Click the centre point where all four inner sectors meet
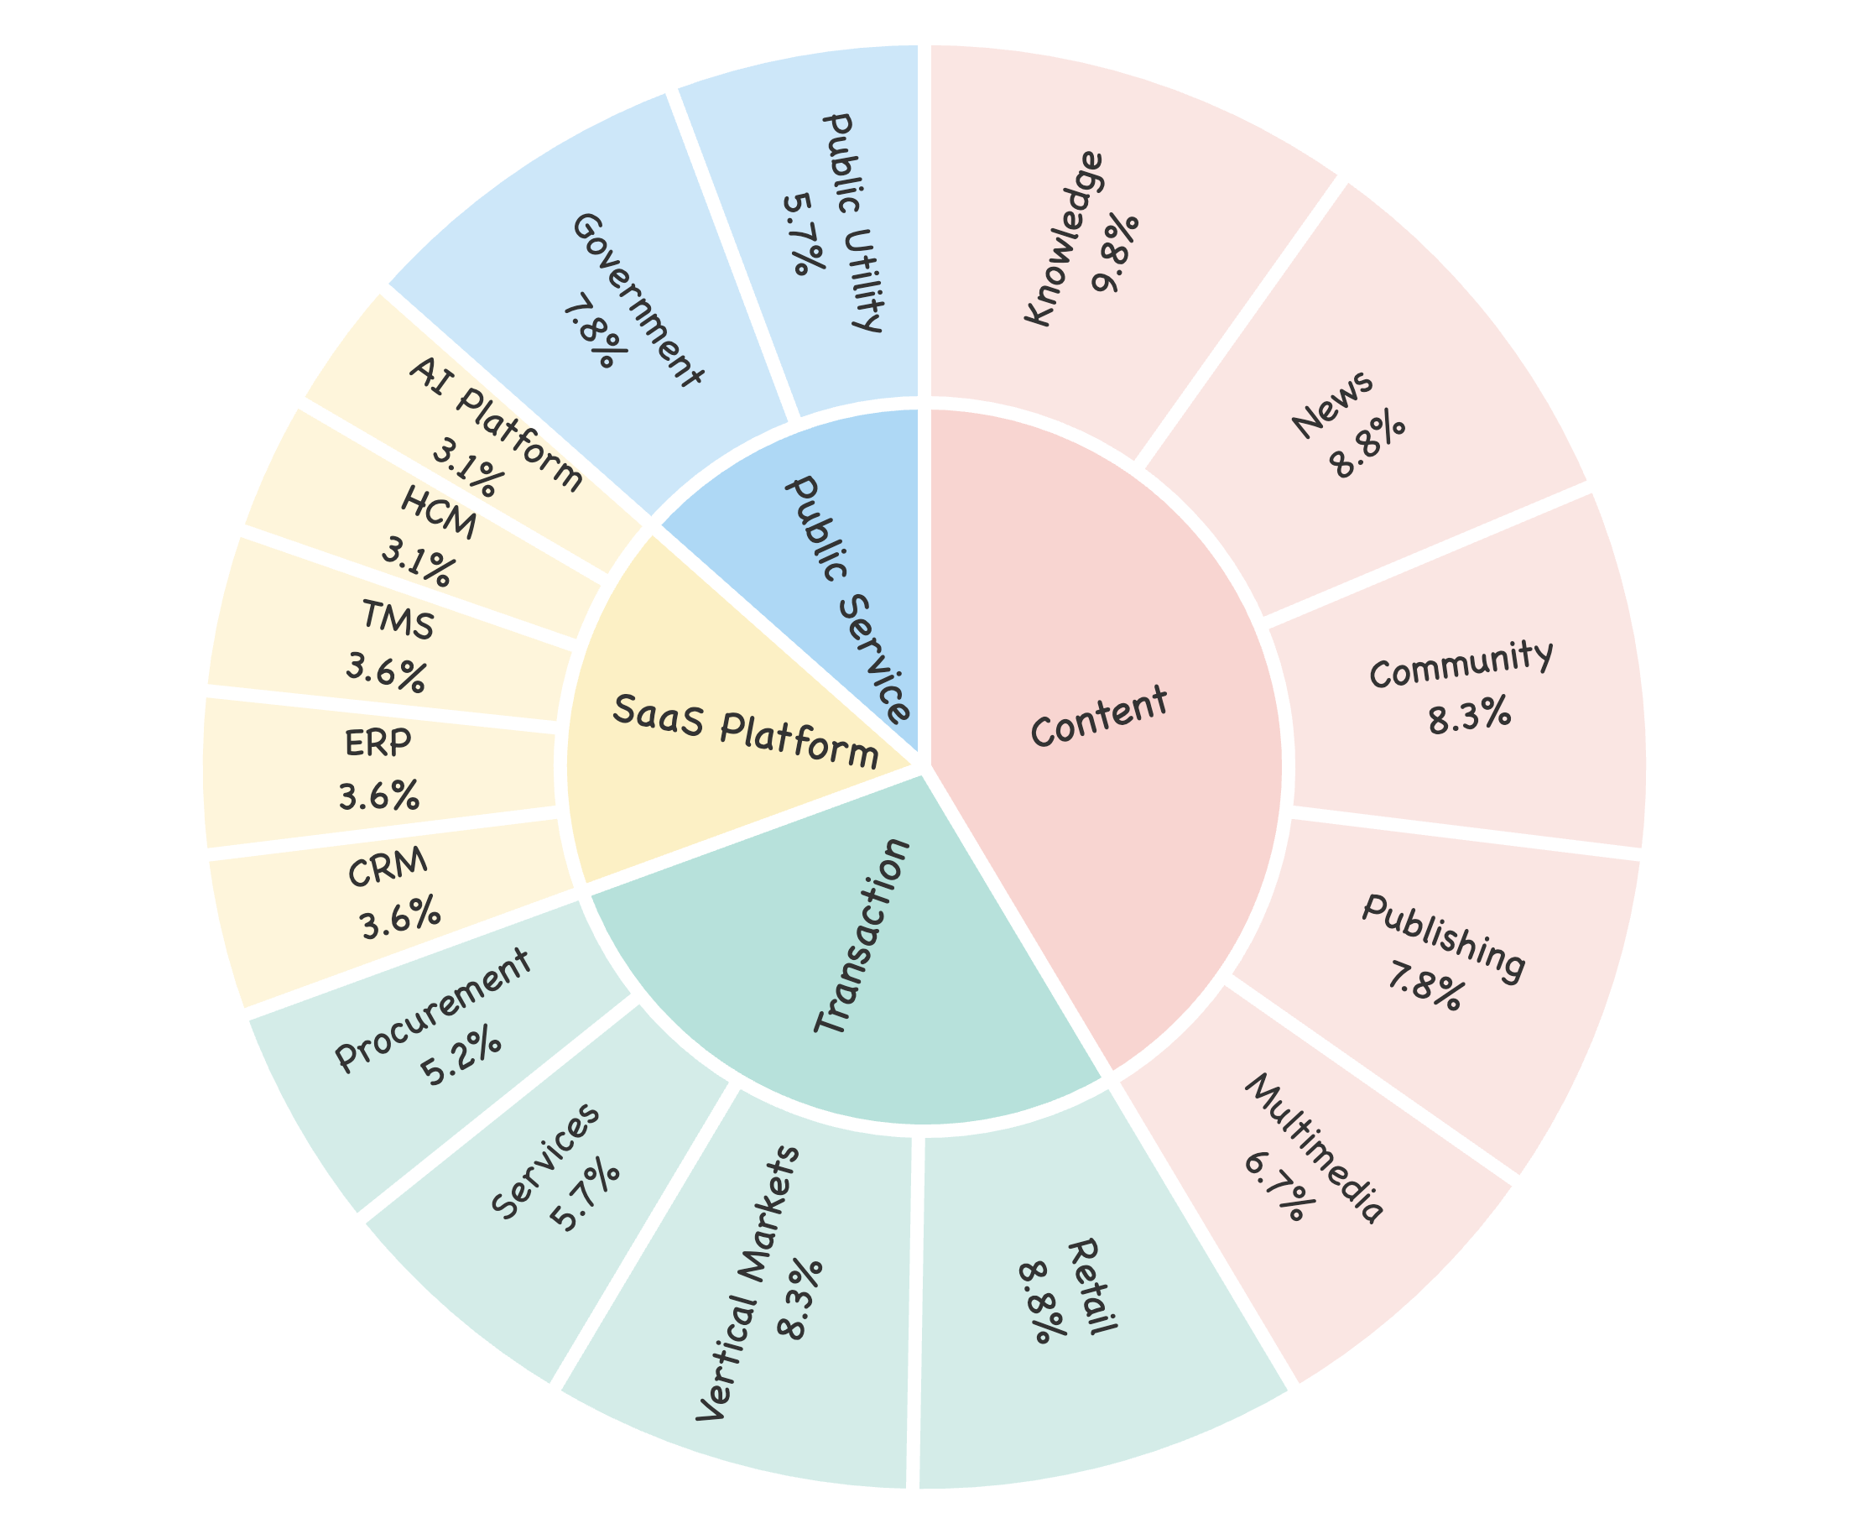click(x=924, y=766)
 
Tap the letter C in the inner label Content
click(x=1044, y=730)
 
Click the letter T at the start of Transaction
click(x=827, y=1021)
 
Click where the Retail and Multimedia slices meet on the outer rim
click(x=1294, y=1389)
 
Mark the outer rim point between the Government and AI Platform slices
click(x=384, y=289)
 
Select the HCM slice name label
click(x=439, y=513)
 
